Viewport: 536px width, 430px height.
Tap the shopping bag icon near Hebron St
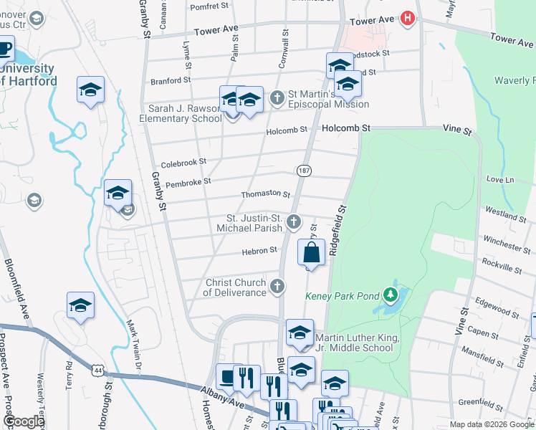(x=311, y=252)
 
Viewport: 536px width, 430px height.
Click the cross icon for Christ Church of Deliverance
(x=278, y=287)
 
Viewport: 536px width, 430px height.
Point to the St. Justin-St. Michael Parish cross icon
(x=293, y=223)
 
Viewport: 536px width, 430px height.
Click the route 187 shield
(x=303, y=170)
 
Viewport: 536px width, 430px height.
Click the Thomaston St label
(x=265, y=194)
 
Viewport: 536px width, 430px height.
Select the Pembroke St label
(x=188, y=182)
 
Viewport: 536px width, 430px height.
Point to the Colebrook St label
(x=183, y=163)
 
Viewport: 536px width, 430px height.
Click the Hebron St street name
(x=259, y=250)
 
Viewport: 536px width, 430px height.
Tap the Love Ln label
(x=500, y=179)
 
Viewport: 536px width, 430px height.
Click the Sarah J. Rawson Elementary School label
(x=184, y=113)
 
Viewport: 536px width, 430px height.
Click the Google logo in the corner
(x=24, y=422)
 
